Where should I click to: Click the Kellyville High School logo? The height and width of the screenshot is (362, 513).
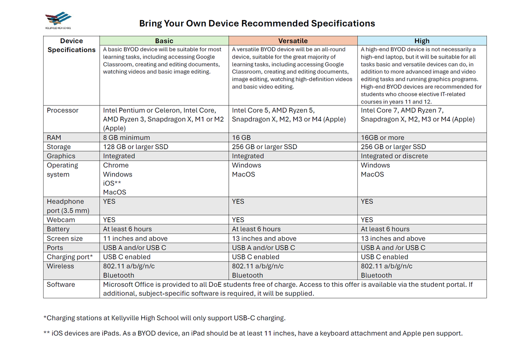pyautogui.click(x=59, y=20)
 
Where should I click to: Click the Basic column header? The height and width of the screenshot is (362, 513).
pyautogui.click(x=164, y=41)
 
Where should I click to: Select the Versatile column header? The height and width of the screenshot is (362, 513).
pyautogui.click(x=293, y=41)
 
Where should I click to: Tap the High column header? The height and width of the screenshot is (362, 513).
pyautogui.click(x=422, y=41)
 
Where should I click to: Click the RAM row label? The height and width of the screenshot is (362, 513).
pyautogui.click(x=54, y=138)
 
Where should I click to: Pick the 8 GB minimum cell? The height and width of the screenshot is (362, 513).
pyautogui.click(x=127, y=138)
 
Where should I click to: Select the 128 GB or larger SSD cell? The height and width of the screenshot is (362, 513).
pyautogui.click(x=136, y=147)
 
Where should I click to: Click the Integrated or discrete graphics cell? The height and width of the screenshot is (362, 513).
pyautogui.click(x=394, y=156)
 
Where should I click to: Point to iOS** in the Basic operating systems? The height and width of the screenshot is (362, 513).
pyautogui.click(x=112, y=183)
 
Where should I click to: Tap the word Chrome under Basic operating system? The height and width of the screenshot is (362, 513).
pyautogui.click(x=116, y=165)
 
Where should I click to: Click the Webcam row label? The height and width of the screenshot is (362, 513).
pyautogui.click(x=61, y=220)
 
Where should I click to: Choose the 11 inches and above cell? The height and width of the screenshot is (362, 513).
pyautogui.click(x=135, y=238)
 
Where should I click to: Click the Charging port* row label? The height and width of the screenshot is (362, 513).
pyautogui.click(x=69, y=257)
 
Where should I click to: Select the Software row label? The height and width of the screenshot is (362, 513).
pyautogui.click(x=61, y=284)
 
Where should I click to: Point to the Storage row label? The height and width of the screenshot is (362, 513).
pyautogui.click(x=59, y=147)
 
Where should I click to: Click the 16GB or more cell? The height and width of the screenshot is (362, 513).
pyautogui.click(x=382, y=138)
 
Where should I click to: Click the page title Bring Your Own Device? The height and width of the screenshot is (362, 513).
pyautogui.click(x=257, y=24)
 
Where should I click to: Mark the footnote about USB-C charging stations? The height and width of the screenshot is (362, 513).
pyautogui.click(x=165, y=318)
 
